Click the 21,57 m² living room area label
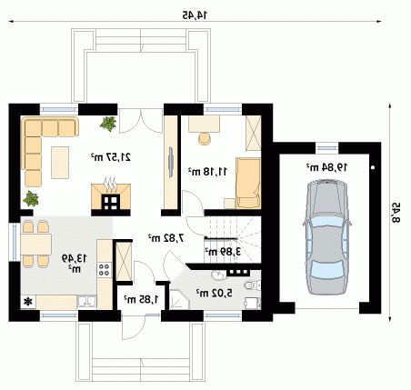[x=111, y=157]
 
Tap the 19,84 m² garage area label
[x=326, y=166]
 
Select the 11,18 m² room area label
[x=207, y=172]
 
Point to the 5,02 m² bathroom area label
[x=215, y=293]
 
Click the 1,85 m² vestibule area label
[x=141, y=299]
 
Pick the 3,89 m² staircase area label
[x=223, y=252]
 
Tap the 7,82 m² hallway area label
[x=166, y=238]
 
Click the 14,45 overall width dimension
[x=195, y=15]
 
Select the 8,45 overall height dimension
[x=396, y=213]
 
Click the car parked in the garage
[x=327, y=237]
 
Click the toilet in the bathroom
[x=253, y=285]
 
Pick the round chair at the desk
[x=205, y=138]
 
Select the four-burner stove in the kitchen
[x=105, y=269]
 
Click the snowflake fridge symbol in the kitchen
[x=28, y=302]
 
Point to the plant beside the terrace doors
[x=108, y=124]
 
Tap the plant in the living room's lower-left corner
[x=31, y=199]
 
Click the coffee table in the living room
[x=60, y=163]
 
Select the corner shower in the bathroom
[x=179, y=300]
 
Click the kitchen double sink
[x=87, y=302]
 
